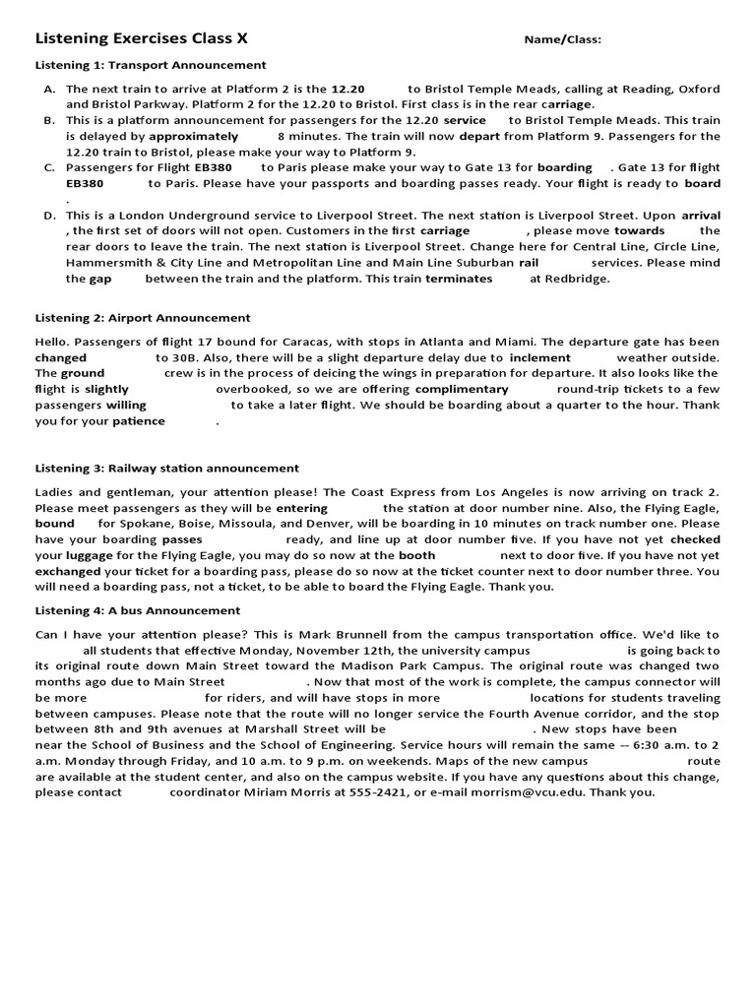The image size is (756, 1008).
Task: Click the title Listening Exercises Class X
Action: tap(141, 39)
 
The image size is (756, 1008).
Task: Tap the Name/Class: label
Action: tap(562, 40)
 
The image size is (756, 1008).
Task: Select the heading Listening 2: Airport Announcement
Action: tap(143, 318)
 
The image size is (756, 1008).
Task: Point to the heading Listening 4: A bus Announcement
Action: tap(138, 610)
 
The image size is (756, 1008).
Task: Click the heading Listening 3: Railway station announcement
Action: tap(167, 469)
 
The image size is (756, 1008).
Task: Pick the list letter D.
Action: tap(49, 216)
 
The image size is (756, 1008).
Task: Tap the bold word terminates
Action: tap(459, 279)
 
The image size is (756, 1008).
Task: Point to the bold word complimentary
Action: tap(462, 390)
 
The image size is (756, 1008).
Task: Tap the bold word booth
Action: tap(416, 555)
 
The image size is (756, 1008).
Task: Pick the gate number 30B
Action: tap(192, 358)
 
